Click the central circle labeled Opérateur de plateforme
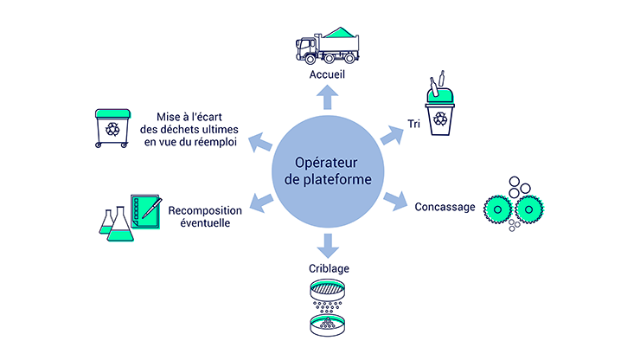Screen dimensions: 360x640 [x=326, y=172]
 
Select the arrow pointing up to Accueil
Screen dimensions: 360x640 [x=327, y=98]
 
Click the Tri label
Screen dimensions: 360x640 [x=415, y=125]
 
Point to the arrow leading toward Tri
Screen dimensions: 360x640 [x=393, y=132]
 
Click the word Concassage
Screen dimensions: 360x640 [x=444, y=207]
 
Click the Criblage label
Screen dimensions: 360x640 [x=326, y=268]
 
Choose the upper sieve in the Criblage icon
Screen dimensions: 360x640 [x=326, y=291]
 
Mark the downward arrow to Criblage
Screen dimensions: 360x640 [x=326, y=245]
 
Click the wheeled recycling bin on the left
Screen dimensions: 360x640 [x=112, y=127]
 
